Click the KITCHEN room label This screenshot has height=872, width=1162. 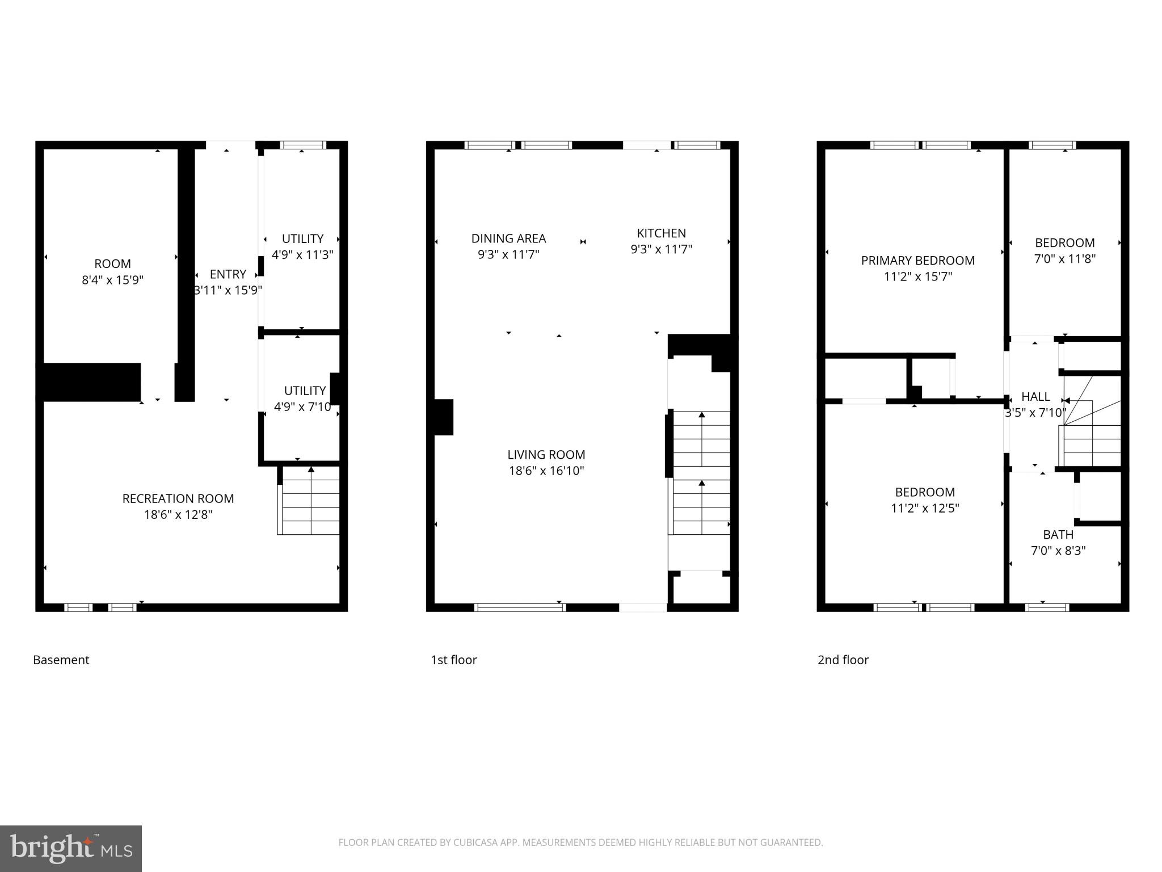(x=661, y=233)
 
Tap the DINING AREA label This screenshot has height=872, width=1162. (x=508, y=238)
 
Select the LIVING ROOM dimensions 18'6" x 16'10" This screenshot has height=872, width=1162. (x=546, y=471)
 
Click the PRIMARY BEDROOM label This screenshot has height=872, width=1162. (x=917, y=261)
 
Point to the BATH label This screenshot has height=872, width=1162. (x=1058, y=535)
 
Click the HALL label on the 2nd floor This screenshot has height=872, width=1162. (x=1035, y=397)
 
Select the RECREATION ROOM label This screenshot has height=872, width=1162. (x=178, y=498)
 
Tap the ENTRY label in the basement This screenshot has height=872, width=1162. (x=228, y=274)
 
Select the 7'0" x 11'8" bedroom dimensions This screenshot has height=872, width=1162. (x=1064, y=259)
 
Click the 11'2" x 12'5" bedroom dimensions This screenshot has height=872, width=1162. (x=925, y=508)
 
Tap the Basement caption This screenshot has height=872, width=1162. (x=61, y=660)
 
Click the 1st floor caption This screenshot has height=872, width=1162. (x=454, y=660)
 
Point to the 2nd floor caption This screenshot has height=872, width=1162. (x=843, y=660)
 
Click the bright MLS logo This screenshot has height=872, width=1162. (x=71, y=848)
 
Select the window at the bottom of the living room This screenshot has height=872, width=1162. (x=520, y=607)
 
